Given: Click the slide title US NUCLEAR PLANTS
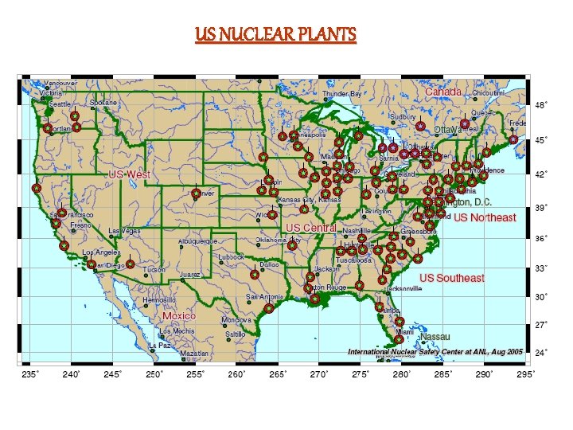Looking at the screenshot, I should (x=276, y=35).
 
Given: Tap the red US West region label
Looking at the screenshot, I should (x=129, y=174).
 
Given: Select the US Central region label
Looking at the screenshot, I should (x=311, y=228).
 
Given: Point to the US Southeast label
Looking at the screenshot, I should (x=452, y=278).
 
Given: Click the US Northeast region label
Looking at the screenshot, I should (x=485, y=217).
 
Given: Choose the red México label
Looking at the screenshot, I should (x=179, y=316).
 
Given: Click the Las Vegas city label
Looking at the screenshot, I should (x=126, y=231).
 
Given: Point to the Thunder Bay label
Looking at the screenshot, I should (x=342, y=94).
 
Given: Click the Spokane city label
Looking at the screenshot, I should (x=103, y=103).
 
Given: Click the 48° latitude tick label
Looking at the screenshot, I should (x=540, y=105).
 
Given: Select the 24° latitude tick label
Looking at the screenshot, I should (x=540, y=352).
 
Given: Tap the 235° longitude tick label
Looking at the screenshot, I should (x=29, y=373).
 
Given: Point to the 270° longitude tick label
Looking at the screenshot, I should (x=319, y=373).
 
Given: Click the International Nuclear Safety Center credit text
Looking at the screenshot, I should (x=435, y=351).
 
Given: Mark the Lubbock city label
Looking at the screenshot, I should (x=232, y=257).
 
